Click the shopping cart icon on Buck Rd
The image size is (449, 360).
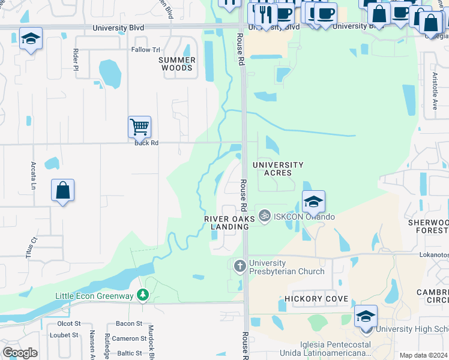(139, 127)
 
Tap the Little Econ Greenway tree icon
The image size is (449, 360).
(142, 295)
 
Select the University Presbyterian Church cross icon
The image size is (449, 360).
(240, 265)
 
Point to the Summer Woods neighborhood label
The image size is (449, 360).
(177, 64)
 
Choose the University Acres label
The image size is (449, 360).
(278, 169)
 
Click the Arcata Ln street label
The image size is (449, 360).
(34, 174)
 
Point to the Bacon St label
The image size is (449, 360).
(128, 323)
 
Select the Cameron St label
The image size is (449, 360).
(129, 338)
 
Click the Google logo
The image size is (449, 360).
(20, 353)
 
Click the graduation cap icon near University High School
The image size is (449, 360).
(366, 316)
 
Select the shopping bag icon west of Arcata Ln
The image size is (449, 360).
(63, 190)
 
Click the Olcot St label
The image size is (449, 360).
(68, 323)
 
